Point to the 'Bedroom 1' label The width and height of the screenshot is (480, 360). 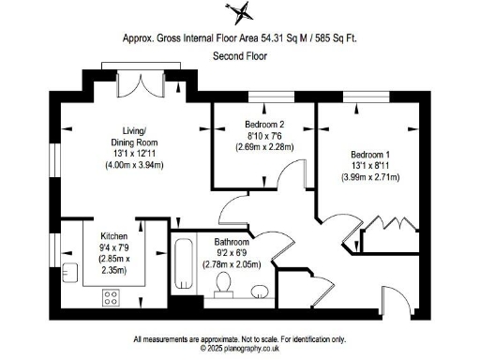[x=372, y=155]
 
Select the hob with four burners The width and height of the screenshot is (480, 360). [x=112, y=299]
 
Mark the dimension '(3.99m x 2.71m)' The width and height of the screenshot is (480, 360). [x=372, y=175]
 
